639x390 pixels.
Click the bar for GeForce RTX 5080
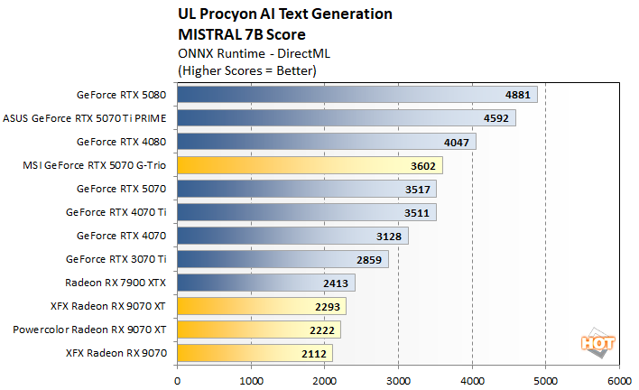click(357, 95)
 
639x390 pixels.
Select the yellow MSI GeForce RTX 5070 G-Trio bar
click(310, 165)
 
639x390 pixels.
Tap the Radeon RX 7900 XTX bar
click(266, 283)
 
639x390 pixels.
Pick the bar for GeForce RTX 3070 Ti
click(282, 259)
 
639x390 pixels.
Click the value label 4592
click(495, 118)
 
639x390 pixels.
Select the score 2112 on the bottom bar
click(312, 353)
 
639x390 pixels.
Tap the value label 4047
click(456, 142)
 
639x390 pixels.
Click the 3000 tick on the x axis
click(398, 380)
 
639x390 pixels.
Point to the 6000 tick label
click(619, 380)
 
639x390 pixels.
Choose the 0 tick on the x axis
click(178, 380)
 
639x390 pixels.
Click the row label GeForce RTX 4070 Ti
click(116, 212)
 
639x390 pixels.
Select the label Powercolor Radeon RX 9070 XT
click(89, 330)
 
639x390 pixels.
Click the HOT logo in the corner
click(592, 341)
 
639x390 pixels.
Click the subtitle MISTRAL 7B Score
click(236, 34)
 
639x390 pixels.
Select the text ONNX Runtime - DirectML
click(242, 53)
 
